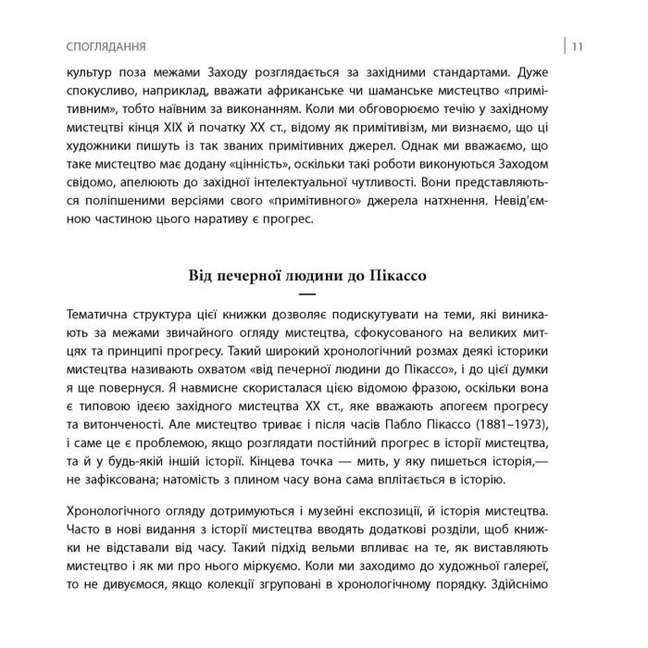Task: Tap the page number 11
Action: click(576, 45)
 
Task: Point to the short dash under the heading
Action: click(324, 293)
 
